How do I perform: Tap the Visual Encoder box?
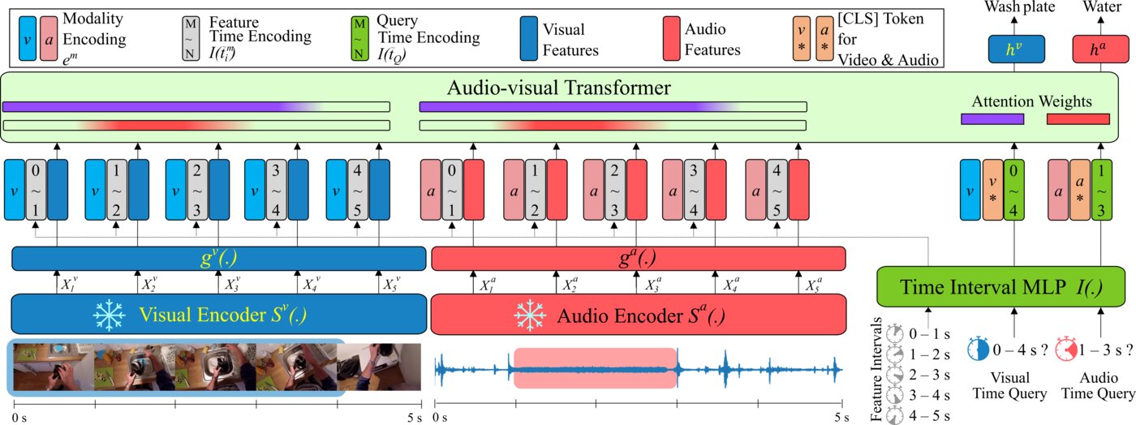(219, 314)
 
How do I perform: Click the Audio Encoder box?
(638, 314)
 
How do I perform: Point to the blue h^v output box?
(1011, 49)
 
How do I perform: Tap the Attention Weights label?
(1031, 101)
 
